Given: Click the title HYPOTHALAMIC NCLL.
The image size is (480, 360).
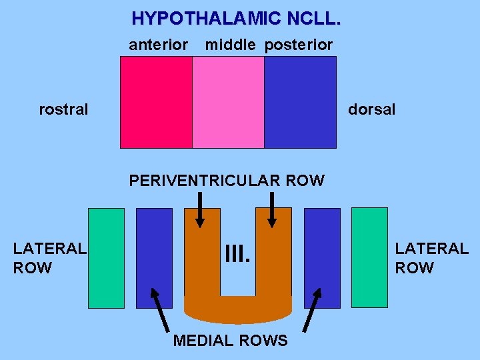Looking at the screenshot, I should [x=236, y=18].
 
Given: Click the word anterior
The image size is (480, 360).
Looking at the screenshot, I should [x=159, y=45].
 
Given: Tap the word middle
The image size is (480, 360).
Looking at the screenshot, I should [x=230, y=45].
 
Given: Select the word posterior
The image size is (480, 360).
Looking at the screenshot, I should [x=299, y=45].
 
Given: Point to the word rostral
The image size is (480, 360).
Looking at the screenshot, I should [x=63, y=109].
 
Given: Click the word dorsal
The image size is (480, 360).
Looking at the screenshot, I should [x=371, y=109].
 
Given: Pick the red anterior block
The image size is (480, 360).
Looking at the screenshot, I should [x=156, y=102].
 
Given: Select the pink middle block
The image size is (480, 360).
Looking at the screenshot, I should [x=228, y=102].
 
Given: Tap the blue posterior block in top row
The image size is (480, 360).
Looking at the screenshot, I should [x=300, y=102].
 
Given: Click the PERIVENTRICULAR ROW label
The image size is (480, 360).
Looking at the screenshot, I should [x=227, y=181].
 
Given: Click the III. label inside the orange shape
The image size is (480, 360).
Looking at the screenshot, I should [x=237, y=253].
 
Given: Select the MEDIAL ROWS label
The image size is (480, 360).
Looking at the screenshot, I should [x=230, y=341].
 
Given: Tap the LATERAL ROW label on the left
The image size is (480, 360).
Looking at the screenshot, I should [x=49, y=258].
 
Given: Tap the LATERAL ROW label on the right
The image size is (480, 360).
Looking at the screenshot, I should [x=431, y=258].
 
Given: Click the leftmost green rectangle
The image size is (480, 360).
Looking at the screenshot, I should [x=107, y=258].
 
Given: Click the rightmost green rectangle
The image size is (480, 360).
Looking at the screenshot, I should [x=369, y=258].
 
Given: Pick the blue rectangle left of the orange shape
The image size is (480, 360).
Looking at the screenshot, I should [x=154, y=258].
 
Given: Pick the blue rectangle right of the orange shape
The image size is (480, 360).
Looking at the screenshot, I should [x=322, y=258].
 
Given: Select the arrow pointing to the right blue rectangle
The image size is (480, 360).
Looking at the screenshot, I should [x=311, y=310].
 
